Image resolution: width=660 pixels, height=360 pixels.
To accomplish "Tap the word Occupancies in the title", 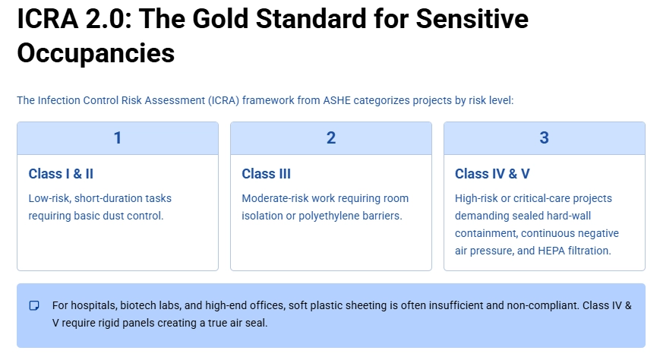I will [x=96, y=53].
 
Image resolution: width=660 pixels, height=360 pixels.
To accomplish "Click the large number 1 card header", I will [x=118, y=138].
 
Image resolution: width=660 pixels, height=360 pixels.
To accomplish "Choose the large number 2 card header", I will [x=331, y=138].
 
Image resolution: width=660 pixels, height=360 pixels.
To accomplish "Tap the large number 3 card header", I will [x=544, y=138].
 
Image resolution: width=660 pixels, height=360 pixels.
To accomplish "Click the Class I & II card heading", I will [x=61, y=174].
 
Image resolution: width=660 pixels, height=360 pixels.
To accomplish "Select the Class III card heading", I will [x=266, y=174].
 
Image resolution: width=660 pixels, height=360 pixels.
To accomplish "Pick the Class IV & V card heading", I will [x=492, y=174].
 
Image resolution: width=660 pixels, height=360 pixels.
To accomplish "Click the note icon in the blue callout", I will [x=34, y=306].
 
